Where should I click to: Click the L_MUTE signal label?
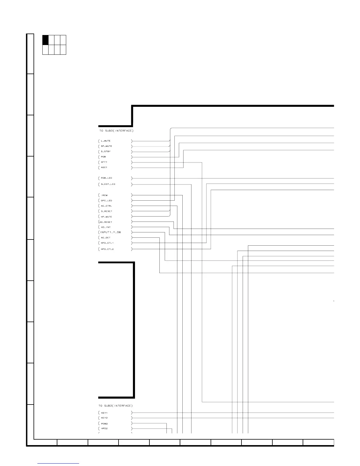(106, 141)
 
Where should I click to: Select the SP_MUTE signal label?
(106, 146)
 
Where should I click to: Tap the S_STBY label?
(106, 152)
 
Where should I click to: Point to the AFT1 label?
(104, 162)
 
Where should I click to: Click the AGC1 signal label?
(104, 167)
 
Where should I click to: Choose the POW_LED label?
(106, 178)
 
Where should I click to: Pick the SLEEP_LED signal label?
(108, 184)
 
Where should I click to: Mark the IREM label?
(104, 195)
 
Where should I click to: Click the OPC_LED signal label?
(106, 201)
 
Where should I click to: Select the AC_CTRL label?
(106, 206)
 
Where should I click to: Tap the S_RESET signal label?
(106, 211)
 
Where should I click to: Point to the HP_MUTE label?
(106, 217)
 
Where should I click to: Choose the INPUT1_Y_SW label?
(111, 232)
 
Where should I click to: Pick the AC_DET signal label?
(106, 238)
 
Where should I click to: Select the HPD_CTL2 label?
(107, 249)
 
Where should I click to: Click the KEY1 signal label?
(104, 413)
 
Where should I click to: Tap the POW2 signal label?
(104, 424)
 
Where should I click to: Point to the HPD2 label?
(104, 429)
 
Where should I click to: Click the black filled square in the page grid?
(45, 40)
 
